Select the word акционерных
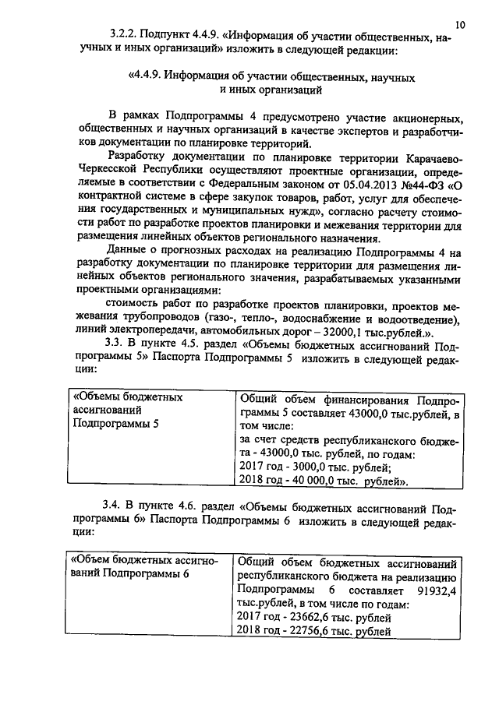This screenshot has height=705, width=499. click(x=422, y=118)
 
